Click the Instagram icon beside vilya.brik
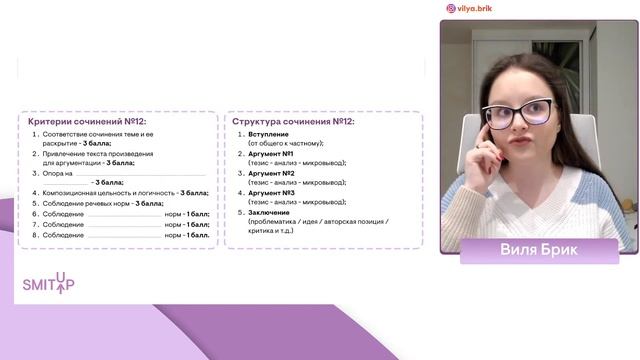point(451,8)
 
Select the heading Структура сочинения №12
point(293,121)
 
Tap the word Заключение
point(271,212)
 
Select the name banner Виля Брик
point(539,250)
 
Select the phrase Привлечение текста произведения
point(97,153)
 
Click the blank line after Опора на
point(140,173)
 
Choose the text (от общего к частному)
point(285,144)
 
